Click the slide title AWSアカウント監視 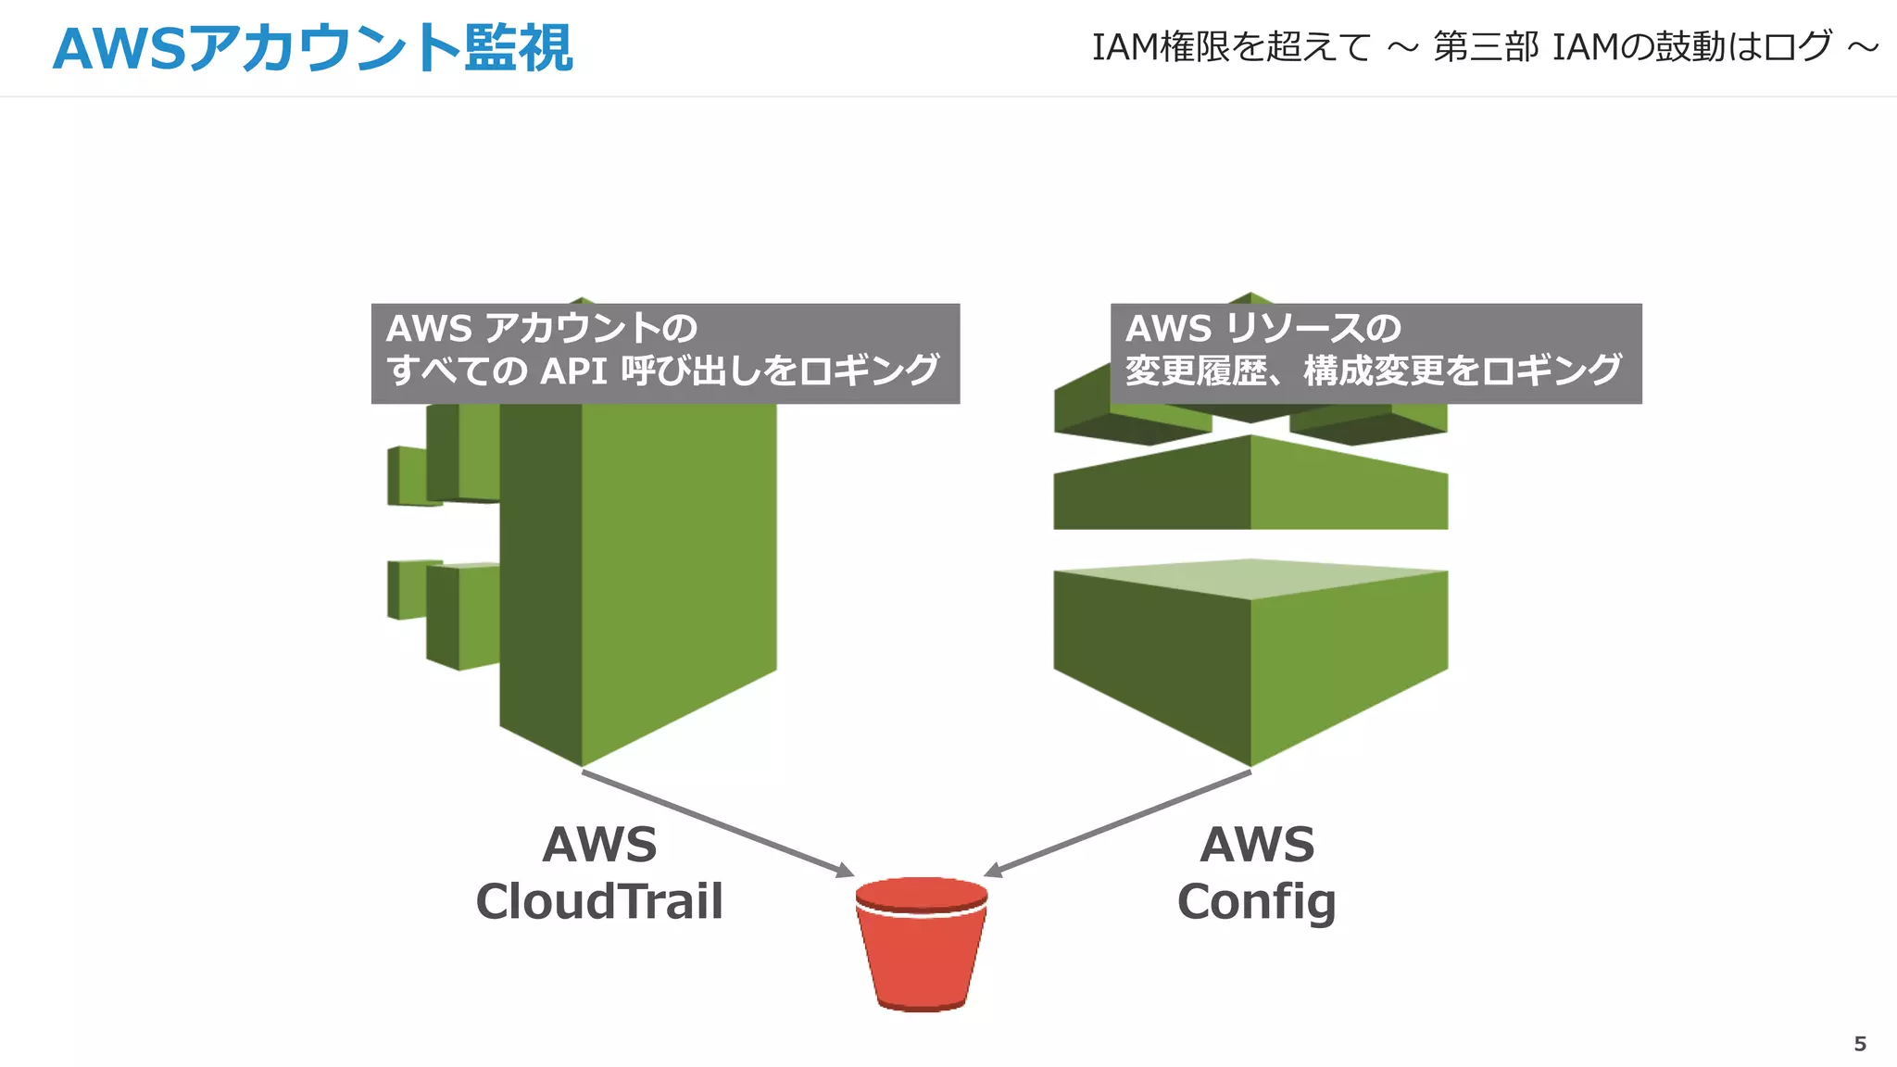pos(312,48)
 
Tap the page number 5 pos(1859,1044)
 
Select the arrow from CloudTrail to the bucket pos(718,823)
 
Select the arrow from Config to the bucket pos(1116,823)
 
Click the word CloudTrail pos(598,901)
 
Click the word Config pos(1256,901)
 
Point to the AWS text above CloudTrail pos(599,844)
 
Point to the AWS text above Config pos(1257,844)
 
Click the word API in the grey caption pos(573,371)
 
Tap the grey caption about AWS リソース pos(1376,353)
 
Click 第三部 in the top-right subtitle pos(1486,46)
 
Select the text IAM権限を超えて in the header pos(1231,46)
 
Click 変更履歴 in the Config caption pos(1195,371)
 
